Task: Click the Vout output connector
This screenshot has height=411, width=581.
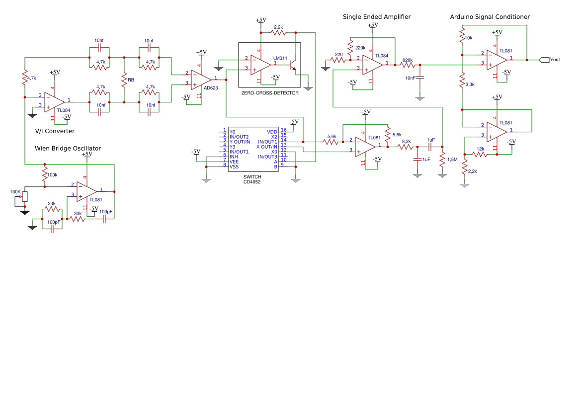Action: pos(544,60)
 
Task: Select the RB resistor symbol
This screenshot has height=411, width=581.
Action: pos(124,80)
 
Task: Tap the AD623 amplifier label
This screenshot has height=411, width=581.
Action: pos(211,88)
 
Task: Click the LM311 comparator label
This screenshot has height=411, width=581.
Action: pos(280,58)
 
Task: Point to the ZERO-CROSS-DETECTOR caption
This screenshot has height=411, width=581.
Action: pos(270,93)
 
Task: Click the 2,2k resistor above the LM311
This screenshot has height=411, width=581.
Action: pos(278,33)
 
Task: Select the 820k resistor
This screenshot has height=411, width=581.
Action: pos(408,65)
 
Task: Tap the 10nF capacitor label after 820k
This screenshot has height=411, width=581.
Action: pos(411,78)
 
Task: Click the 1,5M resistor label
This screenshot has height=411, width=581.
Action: pos(452,160)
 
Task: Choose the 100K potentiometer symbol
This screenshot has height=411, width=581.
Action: pos(24,197)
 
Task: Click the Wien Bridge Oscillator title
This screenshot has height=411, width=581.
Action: pos(68,148)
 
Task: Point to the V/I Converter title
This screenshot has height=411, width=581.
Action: pos(55,131)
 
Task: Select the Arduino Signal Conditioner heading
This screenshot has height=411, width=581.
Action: pos(490,17)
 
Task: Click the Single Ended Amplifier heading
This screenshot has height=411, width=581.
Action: pos(376,17)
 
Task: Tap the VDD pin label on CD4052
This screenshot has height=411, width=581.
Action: pos(272,132)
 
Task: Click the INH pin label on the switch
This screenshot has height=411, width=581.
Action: pos(234,157)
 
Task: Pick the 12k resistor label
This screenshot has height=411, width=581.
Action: pos(480,149)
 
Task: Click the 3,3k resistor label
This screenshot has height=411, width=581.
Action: pos(470,84)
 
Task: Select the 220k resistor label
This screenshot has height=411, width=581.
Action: pos(360,48)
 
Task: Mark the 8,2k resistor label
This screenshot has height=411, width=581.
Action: pos(406,141)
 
